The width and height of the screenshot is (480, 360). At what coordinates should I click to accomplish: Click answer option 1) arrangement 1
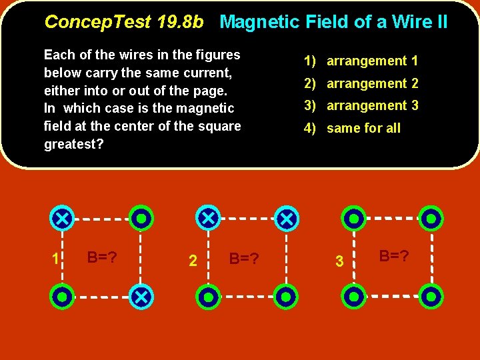[x=361, y=61]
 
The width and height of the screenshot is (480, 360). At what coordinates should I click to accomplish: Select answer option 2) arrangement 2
[x=361, y=83]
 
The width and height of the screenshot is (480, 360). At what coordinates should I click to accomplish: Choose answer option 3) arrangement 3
[x=361, y=105]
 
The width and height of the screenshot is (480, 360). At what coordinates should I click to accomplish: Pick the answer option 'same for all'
[x=352, y=128]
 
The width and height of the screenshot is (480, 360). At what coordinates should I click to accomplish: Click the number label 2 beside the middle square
[x=193, y=261]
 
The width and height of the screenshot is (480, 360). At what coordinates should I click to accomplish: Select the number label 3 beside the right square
[x=339, y=262]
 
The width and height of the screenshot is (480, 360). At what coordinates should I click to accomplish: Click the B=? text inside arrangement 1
[x=103, y=257]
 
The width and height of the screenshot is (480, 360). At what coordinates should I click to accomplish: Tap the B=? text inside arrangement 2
[x=244, y=258]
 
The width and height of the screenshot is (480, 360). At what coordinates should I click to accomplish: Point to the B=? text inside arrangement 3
[x=394, y=255]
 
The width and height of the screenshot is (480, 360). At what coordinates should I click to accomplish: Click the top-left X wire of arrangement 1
[x=62, y=218]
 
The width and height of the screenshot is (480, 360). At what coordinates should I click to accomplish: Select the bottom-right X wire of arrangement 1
[x=141, y=297]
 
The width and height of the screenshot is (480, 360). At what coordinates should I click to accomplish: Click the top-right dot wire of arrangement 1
[x=141, y=218]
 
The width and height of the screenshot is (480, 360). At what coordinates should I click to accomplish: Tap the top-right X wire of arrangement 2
[x=287, y=218]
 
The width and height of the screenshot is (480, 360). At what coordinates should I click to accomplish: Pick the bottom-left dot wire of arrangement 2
[x=209, y=297]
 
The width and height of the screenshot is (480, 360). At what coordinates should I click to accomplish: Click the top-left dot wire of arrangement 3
[x=353, y=218]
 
